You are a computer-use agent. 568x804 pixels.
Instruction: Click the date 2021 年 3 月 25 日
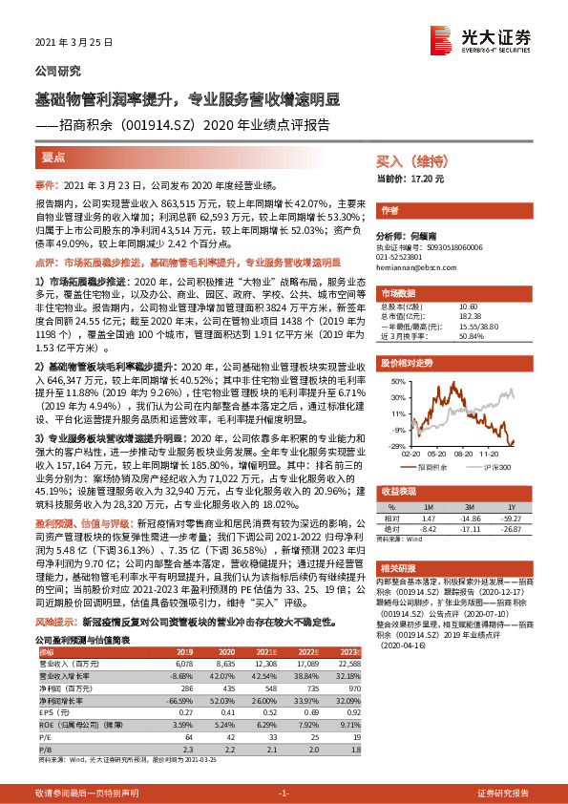click(74, 43)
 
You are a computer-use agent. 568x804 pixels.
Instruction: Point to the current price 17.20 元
click(411, 179)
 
